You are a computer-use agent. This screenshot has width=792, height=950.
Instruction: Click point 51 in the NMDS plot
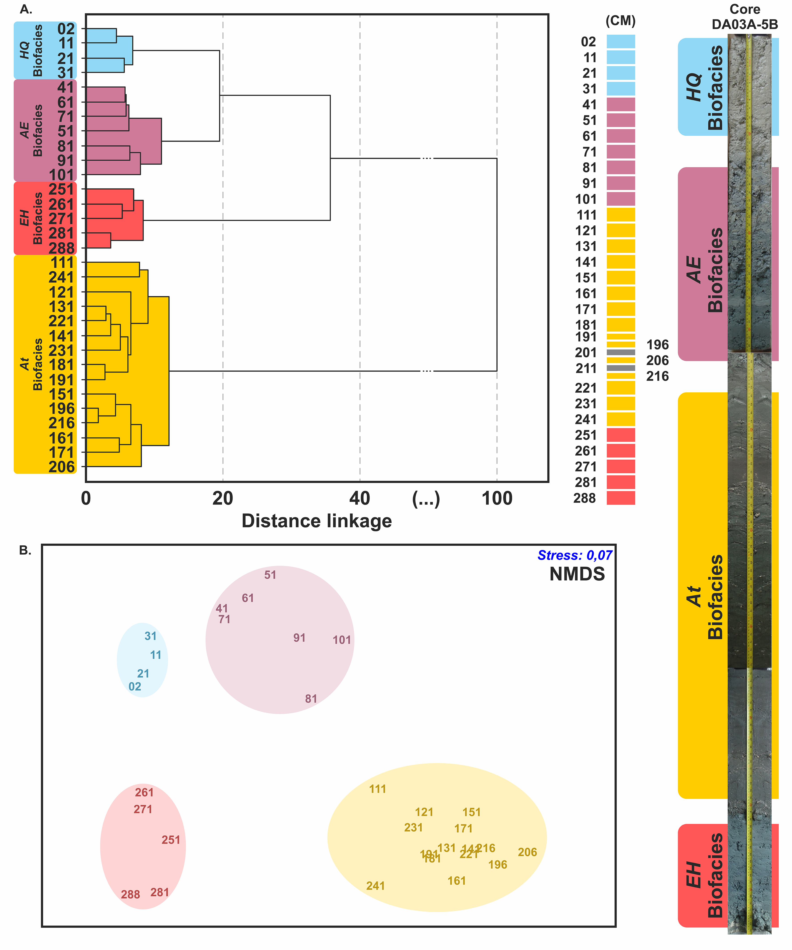[270, 575]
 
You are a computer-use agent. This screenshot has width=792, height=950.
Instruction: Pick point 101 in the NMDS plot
[342, 640]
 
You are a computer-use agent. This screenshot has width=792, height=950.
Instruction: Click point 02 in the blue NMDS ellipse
[135, 687]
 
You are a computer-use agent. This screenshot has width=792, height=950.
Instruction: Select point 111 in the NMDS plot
[377, 789]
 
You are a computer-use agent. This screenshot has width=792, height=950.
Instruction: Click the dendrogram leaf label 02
[66, 29]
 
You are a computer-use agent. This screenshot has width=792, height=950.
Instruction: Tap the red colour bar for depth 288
[621, 498]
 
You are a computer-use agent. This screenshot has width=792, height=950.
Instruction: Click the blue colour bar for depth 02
[621, 42]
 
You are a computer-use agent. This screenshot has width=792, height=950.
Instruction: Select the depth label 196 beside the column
[657, 345]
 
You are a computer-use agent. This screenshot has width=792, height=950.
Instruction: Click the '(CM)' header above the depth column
[621, 21]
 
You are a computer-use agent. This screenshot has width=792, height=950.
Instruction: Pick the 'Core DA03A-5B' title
[744, 17]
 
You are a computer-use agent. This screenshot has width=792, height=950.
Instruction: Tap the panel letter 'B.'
[25, 551]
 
